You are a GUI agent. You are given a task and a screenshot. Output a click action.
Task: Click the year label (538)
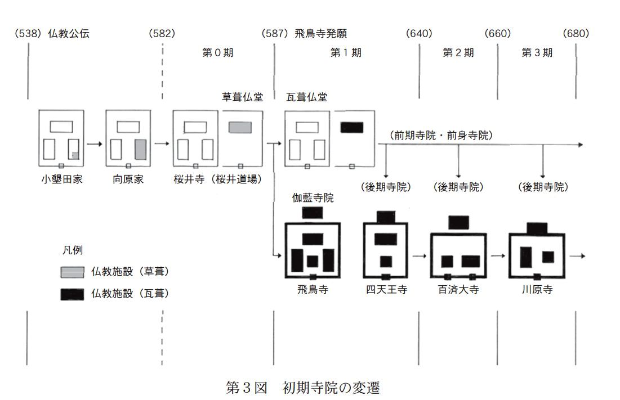[x=29, y=34]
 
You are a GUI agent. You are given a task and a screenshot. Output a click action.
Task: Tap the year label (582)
[x=162, y=34]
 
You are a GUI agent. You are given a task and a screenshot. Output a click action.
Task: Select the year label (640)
[x=419, y=34]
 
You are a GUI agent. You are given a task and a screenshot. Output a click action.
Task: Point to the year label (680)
[x=576, y=34]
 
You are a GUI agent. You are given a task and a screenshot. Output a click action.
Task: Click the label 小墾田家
[x=62, y=181]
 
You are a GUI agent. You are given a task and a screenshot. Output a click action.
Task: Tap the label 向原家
[x=129, y=181]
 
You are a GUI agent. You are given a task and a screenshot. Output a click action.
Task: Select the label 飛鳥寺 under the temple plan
[x=313, y=290]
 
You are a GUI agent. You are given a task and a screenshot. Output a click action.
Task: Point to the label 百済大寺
[x=458, y=290]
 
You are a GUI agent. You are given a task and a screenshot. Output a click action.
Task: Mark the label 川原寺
[x=537, y=290]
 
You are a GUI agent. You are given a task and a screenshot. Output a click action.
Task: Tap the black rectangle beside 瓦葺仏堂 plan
[x=352, y=127]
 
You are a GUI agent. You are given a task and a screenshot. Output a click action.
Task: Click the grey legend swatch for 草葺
[x=72, y=272]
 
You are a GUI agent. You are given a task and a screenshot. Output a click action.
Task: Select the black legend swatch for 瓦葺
[x=72, y=294]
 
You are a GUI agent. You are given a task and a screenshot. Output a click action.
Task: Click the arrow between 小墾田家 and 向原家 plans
[x=95, y=144]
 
